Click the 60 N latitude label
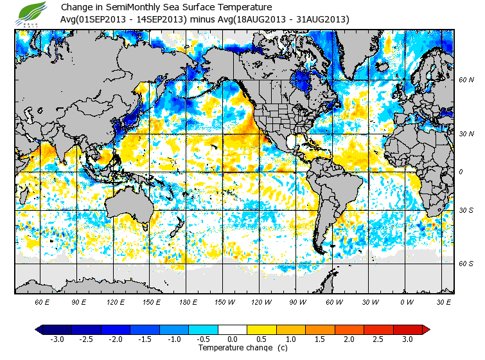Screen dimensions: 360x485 466,80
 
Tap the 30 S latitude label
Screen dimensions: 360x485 466,210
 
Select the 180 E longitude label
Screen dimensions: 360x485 189,302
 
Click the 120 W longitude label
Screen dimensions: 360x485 261,302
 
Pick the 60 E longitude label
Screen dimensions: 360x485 42,302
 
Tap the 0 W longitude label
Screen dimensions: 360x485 406,302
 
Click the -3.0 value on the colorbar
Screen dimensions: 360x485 57,339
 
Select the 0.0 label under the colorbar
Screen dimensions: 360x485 233,339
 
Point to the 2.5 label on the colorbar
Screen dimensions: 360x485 378,339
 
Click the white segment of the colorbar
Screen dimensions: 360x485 233,329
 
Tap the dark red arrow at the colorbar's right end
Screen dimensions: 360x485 426,329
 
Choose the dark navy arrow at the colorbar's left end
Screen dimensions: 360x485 39,329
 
